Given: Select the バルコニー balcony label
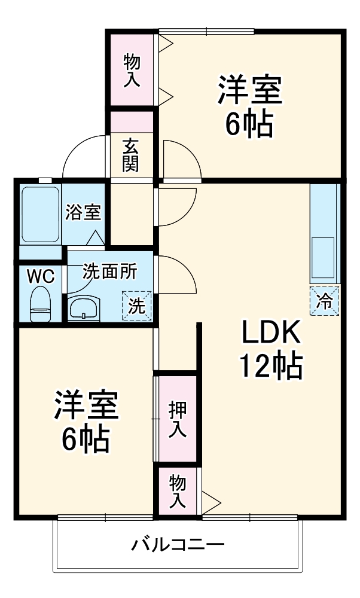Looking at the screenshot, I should pos(178,545).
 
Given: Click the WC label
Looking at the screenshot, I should pos(40,277).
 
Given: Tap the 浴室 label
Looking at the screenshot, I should pos(84,212).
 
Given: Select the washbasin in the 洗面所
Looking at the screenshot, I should pos(83,310).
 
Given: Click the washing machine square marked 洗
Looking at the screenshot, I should pos(137,306).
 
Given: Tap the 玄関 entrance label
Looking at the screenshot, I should pos(131,155).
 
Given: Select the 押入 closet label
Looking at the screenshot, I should pos(176,417).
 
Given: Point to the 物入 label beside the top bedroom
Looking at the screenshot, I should pos(132,70).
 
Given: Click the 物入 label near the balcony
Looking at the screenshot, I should pos(176,491).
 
